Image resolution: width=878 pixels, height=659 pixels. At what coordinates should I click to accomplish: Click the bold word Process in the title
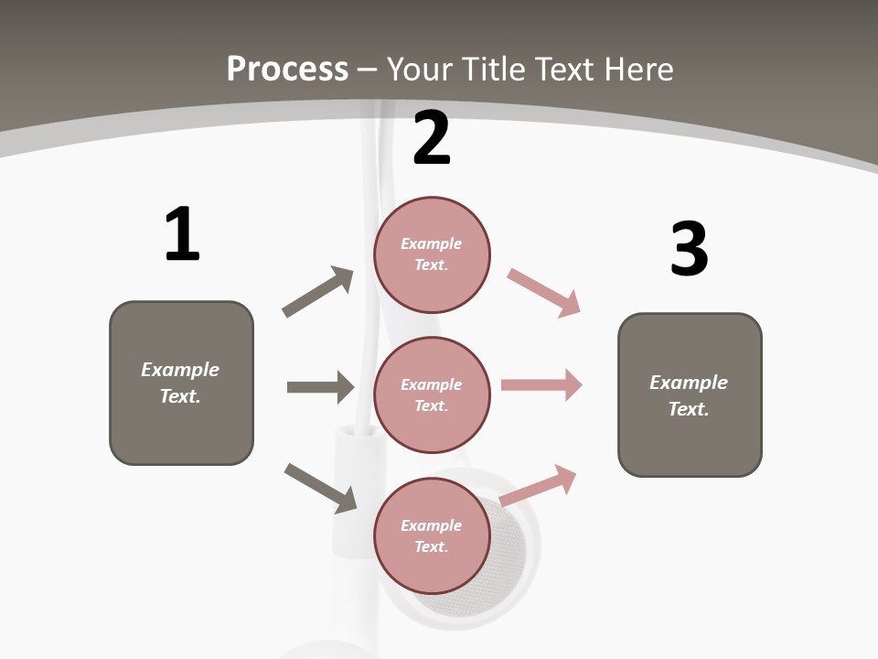tap(287, 70)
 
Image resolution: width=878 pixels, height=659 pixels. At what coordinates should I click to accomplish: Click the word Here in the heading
tap(638, 70)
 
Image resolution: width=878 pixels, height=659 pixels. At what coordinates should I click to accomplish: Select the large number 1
tap(182, 234)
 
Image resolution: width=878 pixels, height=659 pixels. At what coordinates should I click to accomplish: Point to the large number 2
tap(432, 138)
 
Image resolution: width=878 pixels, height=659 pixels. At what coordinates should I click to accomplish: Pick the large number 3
tap(689, 249)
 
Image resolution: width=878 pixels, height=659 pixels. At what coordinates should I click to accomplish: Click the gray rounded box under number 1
tap(181, 383)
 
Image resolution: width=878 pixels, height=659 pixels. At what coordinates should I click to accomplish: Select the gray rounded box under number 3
tap(690, 394)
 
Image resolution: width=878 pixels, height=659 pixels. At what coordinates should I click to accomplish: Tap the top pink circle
tap(432, 254)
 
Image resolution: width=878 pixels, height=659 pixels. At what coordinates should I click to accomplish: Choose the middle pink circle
tap(432, 394)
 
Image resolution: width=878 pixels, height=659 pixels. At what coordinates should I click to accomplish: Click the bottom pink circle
tap(432, 535)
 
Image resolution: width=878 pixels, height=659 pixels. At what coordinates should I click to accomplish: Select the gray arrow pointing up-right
tap(318, 291)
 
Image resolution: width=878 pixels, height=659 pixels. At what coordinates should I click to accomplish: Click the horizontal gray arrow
tap(320, 387)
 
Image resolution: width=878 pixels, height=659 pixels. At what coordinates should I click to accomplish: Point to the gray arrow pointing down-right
tap(321, 488)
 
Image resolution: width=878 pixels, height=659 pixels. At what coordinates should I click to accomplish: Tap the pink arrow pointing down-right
tap(544, 293)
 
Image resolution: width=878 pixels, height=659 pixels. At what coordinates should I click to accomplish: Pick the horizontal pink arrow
tap(541, 385)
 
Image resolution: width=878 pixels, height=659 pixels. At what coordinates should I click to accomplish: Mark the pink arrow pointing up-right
tap(539, 485)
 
